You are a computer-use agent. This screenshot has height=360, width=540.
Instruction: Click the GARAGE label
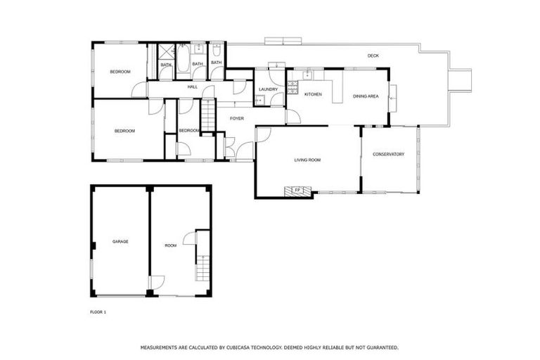[x=120, y=241]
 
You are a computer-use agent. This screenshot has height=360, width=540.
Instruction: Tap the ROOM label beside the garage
[x=170, y=245]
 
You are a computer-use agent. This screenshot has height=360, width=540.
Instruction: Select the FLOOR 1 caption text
[x=98, y=311]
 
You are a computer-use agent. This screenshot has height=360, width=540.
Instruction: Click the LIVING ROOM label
[x=307, y=160]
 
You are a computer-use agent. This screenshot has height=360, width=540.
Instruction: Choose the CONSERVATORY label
[x=388, y=154]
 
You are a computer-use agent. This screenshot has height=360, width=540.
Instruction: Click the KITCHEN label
[x=313, y=94]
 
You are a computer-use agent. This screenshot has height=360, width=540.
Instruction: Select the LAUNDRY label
[x=268, y=89]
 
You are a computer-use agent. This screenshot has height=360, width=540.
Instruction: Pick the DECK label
[x=373, y=56]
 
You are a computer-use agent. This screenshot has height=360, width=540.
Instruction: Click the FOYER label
[x=237, y=118]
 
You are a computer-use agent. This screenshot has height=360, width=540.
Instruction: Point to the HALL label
[x=192, y=86]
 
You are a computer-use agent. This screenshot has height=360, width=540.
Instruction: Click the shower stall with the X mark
[x=165, y=52]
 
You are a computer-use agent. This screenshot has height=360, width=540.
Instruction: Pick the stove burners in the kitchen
[x=308, y=74]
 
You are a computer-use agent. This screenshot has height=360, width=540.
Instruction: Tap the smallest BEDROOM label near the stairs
[x=188, y=131]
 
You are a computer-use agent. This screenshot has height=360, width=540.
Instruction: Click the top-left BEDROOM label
[x=120, y=72]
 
